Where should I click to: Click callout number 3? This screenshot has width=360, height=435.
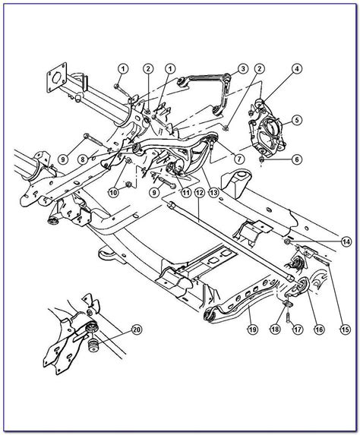[x=242, y=69]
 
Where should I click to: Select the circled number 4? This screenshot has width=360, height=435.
[x=296, y=90]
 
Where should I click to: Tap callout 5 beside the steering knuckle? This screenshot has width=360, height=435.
[x=296, y=119]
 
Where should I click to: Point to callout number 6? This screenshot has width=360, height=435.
[x=296, y=159]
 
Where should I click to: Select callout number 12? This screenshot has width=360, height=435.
[x=199, y=194]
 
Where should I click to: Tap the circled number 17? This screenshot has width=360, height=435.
[x=297, y=330]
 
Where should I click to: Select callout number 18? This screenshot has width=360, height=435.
[x=276, y=330]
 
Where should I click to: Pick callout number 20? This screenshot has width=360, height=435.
[x=137, y=329]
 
